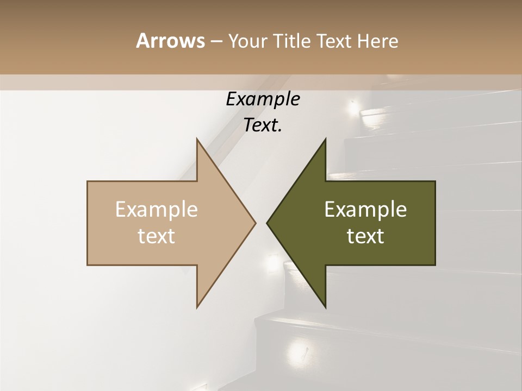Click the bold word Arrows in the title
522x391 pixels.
click(x=170, y=41)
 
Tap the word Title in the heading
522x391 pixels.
click(x=293, y=41)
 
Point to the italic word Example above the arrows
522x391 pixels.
click(x=263, y=99)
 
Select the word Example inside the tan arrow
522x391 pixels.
click(x=157, y=210)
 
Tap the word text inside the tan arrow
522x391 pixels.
click(x=157, y=236)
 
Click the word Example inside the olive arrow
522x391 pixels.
click(x=365, y=210)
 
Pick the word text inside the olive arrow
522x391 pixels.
click(x=365, y=236)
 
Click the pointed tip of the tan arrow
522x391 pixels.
click(x=256, y=223)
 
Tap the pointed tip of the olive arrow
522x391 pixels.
click(x=267, y=223)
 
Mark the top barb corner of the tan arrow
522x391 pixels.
click(x=197, y=138)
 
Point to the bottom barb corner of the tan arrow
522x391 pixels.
click(x=197, y=307)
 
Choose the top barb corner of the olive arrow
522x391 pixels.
click(x=326, y=138)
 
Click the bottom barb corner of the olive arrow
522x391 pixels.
click(x=326, y=307)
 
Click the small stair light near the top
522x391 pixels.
click(x=354, y=106)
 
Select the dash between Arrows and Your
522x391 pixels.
click(x=216, y=41)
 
